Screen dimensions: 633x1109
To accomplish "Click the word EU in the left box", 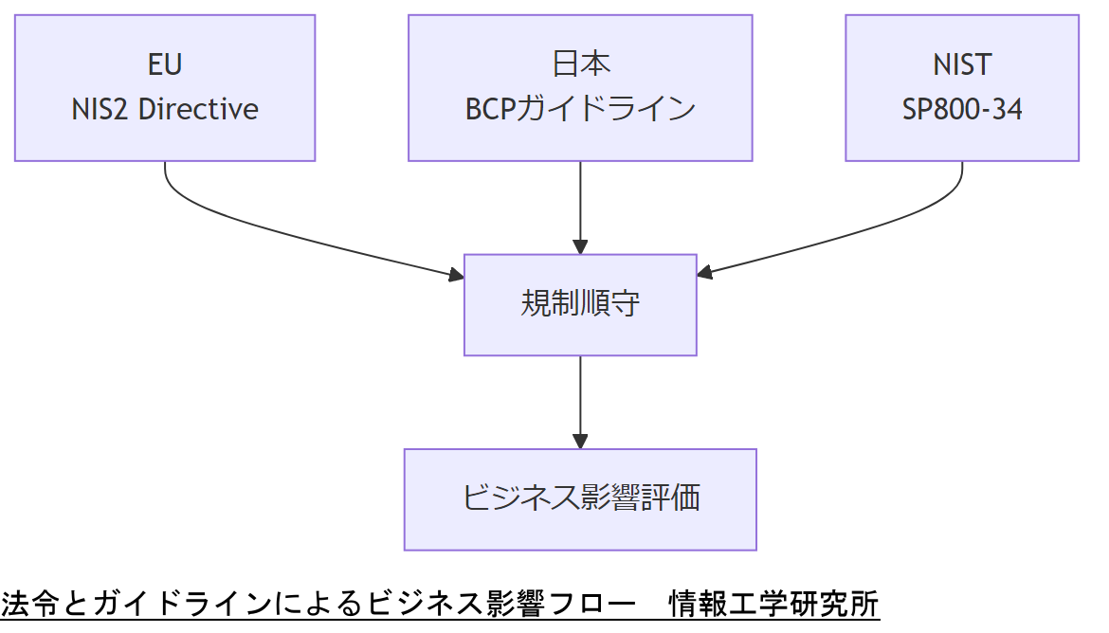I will (165, 64).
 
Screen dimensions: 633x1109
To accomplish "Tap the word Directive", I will (198, 109).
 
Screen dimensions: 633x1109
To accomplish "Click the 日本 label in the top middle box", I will (580, 64).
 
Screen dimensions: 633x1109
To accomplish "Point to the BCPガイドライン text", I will (580, 109).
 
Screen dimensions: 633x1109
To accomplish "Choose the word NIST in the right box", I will (962, 64).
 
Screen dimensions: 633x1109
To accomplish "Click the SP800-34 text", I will (962, 109).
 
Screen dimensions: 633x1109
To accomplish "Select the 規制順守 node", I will (580, 304).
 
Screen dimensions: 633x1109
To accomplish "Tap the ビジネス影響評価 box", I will (580, 498).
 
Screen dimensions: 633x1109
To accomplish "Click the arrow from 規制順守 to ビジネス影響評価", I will (580, 398).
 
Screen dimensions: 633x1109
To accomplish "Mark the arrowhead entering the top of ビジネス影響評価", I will (580, 442).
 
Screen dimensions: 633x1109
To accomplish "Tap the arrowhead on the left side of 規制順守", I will (456, 276).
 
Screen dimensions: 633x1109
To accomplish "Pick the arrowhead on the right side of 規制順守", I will (704, 274).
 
